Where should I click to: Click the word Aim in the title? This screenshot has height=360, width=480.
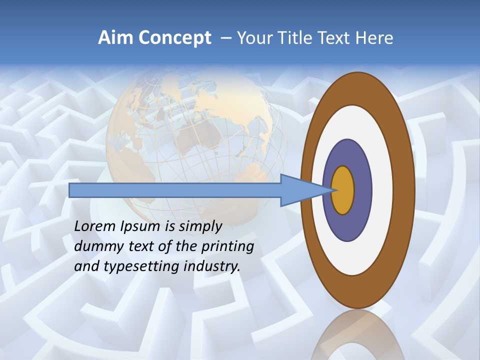pos(116,38)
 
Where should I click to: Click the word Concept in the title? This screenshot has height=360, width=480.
pos(175,38)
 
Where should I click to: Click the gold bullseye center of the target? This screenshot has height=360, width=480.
pos(342,190)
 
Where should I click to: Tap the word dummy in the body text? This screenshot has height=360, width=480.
pos(94,246)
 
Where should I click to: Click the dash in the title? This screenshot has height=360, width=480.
pos(225,38)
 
